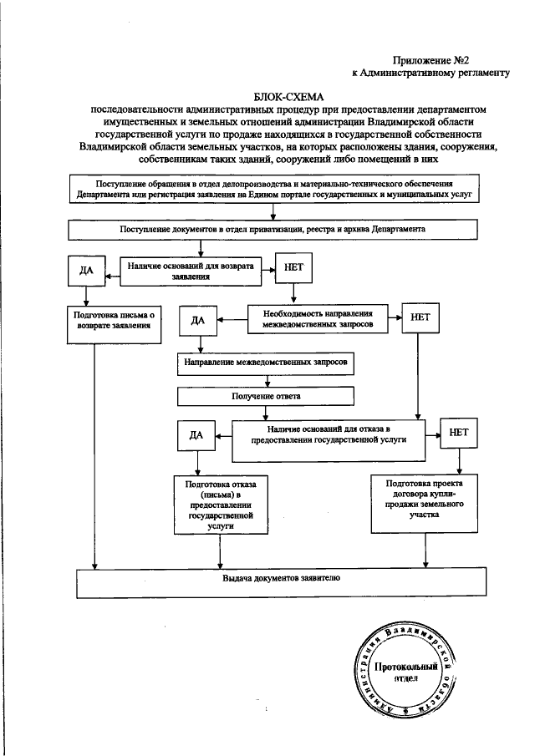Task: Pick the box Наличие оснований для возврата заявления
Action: [191, 270]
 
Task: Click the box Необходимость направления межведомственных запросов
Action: [321, 316]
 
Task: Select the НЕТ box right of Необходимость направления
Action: [418, 320]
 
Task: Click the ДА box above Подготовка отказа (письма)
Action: [196, 435]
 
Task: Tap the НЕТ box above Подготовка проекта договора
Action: [459, 433]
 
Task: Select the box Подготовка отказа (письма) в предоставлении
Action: [214, 505]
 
